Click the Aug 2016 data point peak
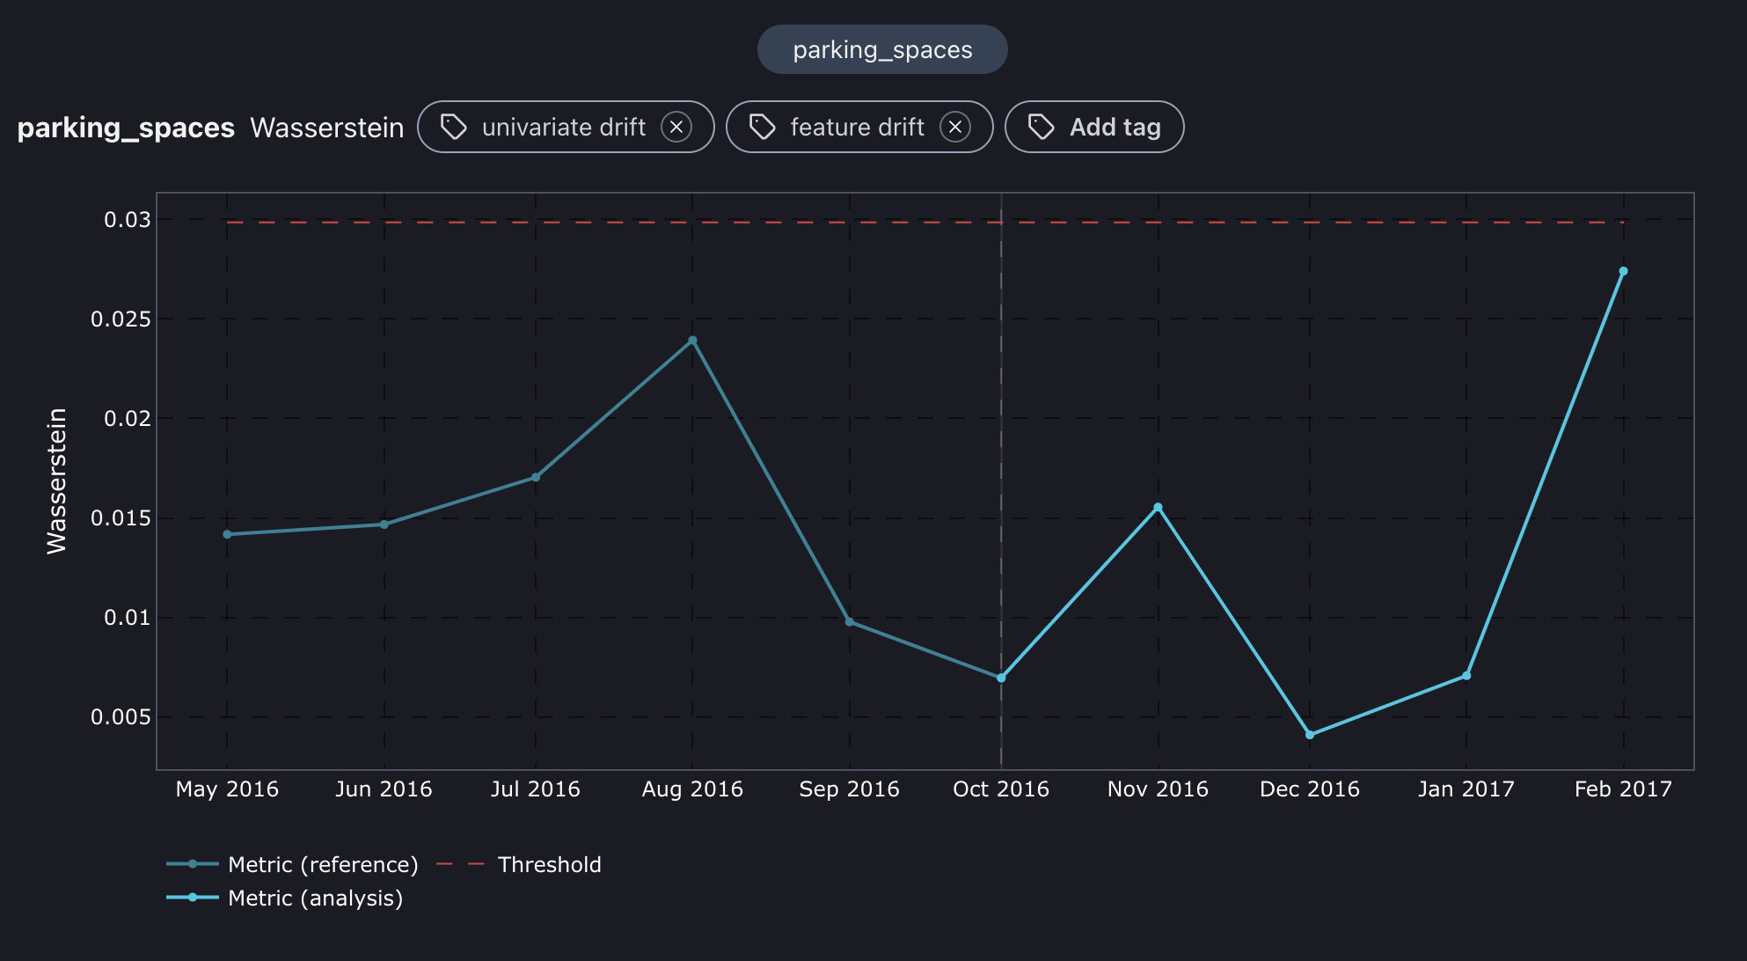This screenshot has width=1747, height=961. pyautogui.click(x=692, y=341)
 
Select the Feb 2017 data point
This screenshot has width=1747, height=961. pyautogui.click(x=1623, y=271)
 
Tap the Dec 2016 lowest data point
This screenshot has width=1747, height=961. pyautogui.click(x=1310, y=735)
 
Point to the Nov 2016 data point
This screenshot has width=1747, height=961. pyautogui.click(x=1158, y=507)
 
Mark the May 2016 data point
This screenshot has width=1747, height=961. pyautogui.click(x=227, y=534)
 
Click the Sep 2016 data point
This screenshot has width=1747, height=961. pyautogui.click(x=849, y=622)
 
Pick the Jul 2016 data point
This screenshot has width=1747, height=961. pyautogui.click(x=536, y=477)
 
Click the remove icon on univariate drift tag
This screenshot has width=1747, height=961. pyautogui.click(x=676, y=127)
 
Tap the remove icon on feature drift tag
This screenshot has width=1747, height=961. pyautogui.click(x=954, y=127)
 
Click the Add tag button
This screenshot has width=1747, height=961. pyautogui.click(x=1094, y=127)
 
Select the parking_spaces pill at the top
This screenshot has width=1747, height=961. pyautogui.click(x=882, y=49)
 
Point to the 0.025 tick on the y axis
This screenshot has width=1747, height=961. pyautogui.click(x=121, y=319)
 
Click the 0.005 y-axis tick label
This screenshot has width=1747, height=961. pyautogui.click(x=121, y=717)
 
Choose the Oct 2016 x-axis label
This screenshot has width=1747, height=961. pyautogui.click(x=1001, y=789)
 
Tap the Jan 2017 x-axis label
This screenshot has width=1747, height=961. pyautogui.click(x=1466, y=789)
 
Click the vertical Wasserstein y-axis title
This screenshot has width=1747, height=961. pyautogui.click(x=56, y=480)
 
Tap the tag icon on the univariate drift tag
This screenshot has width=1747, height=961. pyautogui.click(x=454, y=127)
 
